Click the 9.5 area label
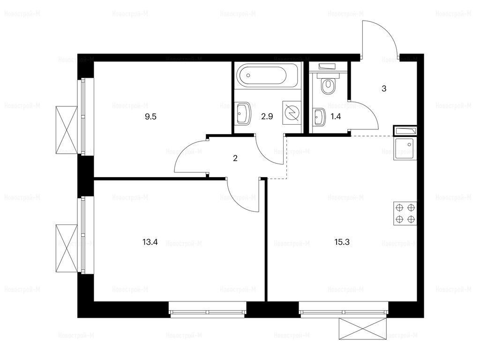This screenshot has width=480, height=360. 150,117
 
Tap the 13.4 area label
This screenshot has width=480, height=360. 150,242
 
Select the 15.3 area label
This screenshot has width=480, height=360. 342,242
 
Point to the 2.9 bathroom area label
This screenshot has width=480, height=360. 267,117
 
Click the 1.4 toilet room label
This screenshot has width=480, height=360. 336,117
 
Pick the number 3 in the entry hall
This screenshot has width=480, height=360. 384,89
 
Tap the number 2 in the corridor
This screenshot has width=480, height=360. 235,158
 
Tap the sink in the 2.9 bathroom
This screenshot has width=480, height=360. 243,114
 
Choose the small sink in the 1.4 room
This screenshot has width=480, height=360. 319,117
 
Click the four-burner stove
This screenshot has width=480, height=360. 405,213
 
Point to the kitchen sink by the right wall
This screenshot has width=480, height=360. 405,149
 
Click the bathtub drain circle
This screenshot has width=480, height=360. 248,75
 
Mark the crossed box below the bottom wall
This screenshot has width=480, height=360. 362,329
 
